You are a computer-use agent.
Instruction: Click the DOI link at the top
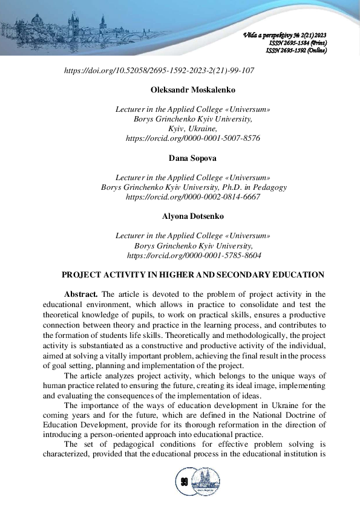point(159,71)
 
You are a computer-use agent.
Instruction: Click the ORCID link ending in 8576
point(193,138)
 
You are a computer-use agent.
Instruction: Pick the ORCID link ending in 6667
point(193,197)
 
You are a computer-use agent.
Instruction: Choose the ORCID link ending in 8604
point(193,255)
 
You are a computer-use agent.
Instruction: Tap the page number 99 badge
point(184,482)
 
